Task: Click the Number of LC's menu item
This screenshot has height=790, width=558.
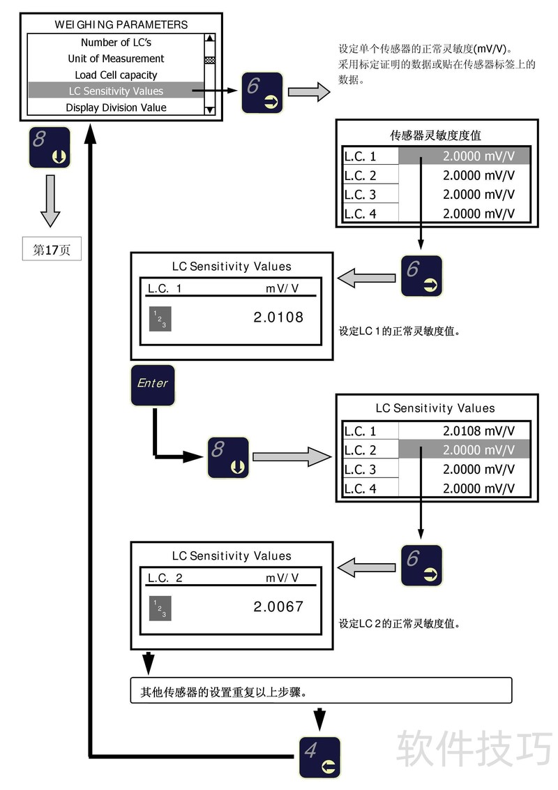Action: tap(116, 43)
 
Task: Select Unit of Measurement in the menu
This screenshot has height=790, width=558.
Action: tap(116, 59)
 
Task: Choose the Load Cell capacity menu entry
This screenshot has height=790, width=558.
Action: tap(116, 75)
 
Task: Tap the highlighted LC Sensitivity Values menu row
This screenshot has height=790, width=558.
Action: tap(116, 91)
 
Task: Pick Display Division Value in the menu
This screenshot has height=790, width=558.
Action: tap(116, 107)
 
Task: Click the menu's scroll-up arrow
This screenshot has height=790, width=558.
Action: tap(209, 39)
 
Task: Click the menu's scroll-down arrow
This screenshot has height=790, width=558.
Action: tap(209, 110)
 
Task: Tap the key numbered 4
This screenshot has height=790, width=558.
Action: tap(319, 757)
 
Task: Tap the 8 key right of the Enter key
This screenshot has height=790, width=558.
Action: tap(227, 457)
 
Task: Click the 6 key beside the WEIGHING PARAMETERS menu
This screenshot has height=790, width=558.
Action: tap(262, 92)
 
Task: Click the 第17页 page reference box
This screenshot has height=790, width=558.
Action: tap(52, 250)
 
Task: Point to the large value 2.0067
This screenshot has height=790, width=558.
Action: tap(278, 606)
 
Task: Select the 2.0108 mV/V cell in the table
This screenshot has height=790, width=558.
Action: tap(478, 431)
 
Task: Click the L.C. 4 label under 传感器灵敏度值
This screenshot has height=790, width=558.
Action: tap(361, 214)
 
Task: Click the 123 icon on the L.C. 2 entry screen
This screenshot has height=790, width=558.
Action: tap(160, 609)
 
